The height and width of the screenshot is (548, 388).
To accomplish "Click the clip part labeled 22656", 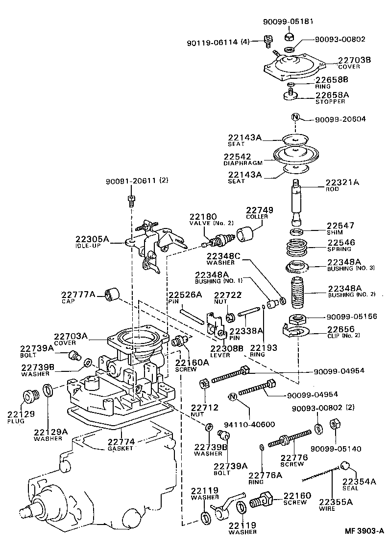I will [x=297, y=332].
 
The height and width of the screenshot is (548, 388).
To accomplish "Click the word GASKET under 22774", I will [x=121, y=448].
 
